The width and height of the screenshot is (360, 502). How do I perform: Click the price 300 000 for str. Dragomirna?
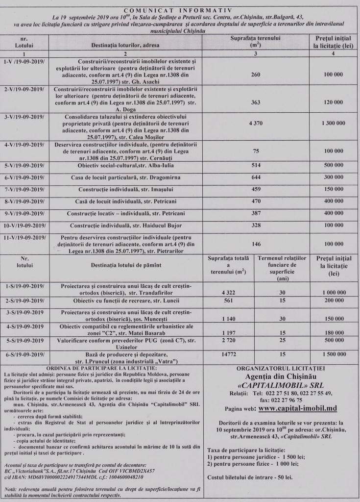[x=333, y=177]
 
